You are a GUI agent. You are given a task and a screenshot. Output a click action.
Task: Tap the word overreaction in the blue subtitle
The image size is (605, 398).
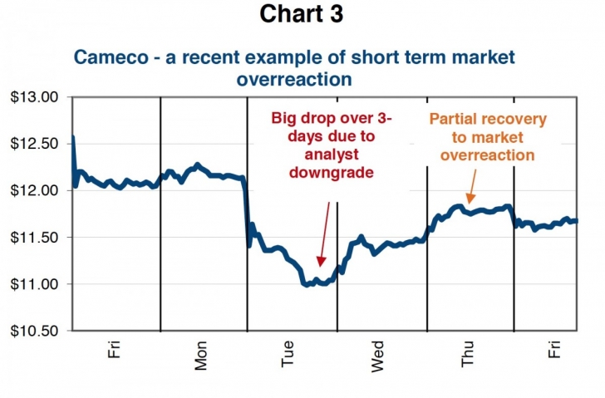click(x=295, y=80)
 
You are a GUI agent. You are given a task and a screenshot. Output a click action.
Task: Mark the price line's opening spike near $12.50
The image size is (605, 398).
click(x=73, y=138)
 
